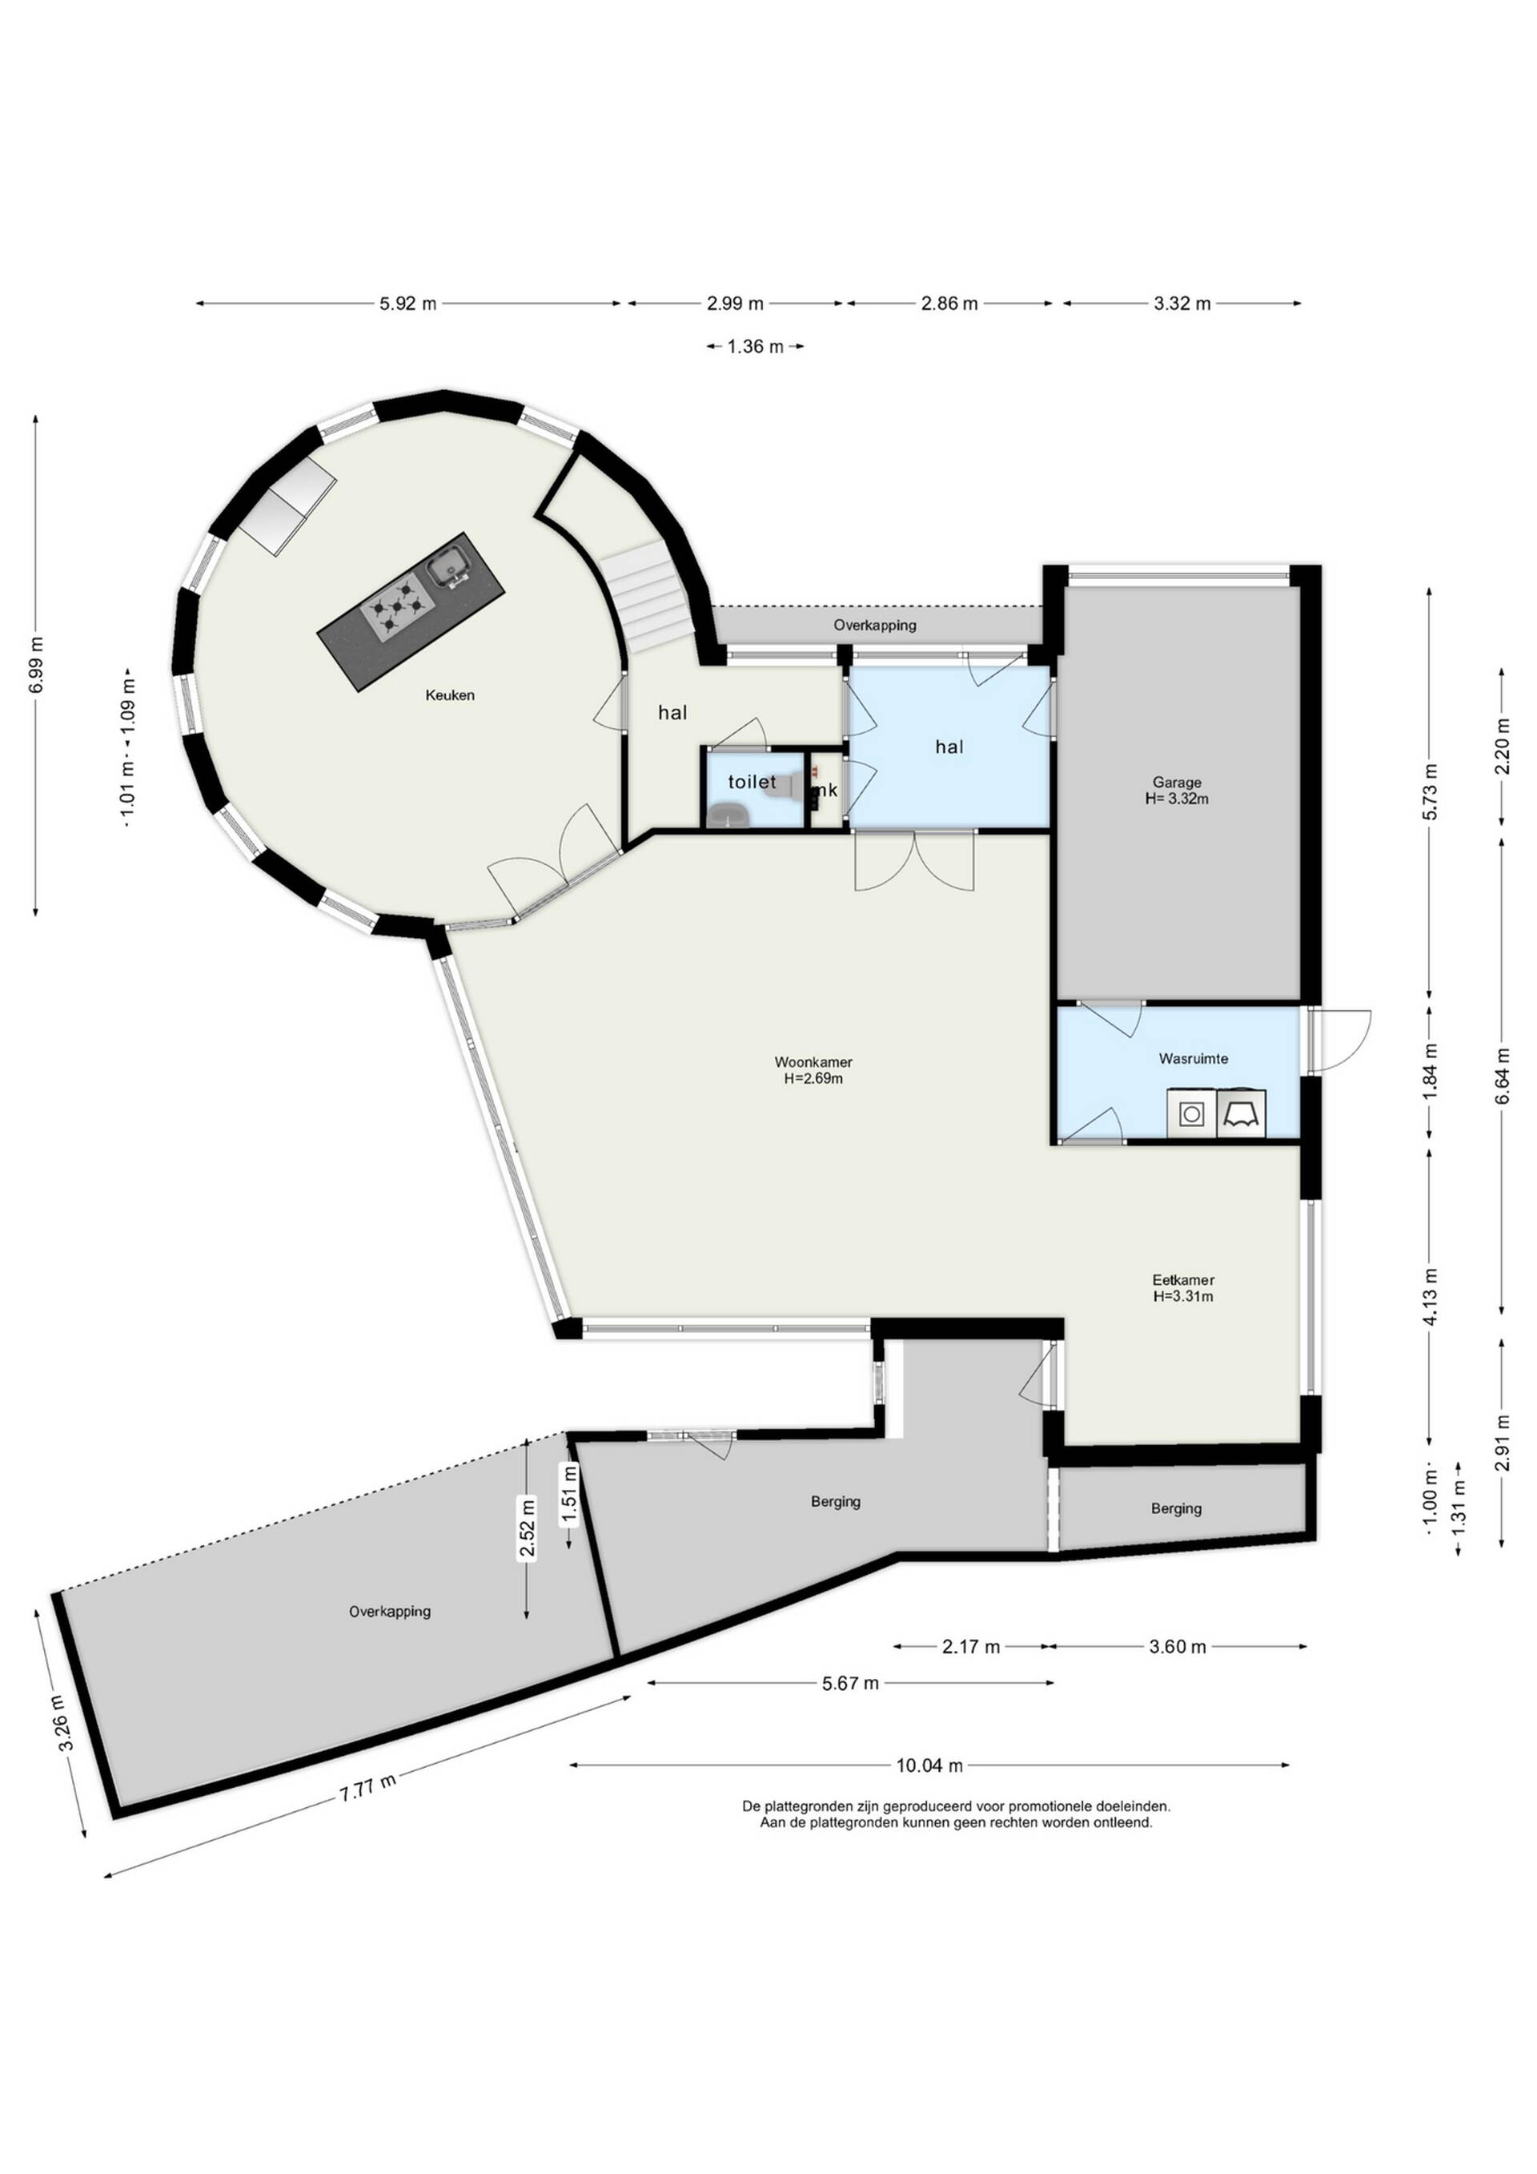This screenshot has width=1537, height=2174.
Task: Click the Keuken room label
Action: (450, 695)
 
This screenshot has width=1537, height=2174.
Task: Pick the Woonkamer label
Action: (813, 1062)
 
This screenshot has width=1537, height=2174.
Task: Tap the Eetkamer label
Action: (1183, 1280)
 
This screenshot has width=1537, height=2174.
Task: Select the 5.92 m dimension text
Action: (408, 304)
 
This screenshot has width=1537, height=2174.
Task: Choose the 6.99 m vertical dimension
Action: (37, 665)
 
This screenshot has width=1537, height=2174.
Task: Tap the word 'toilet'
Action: (752, 782)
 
